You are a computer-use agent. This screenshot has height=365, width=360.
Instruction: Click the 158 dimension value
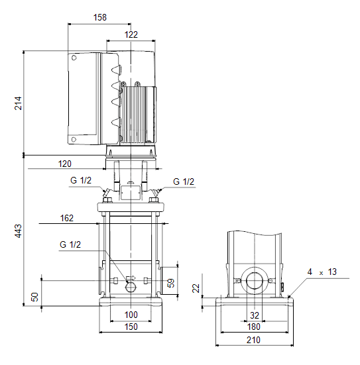[x=100, y=17]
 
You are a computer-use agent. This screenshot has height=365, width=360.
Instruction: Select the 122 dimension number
[x=131, y=34]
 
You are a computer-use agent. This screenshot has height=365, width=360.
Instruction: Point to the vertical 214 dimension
[x=18, y=103]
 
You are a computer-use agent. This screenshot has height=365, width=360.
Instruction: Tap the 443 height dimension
[x=18, y=231]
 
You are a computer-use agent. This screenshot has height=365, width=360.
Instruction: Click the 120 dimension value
[x=64, y=164]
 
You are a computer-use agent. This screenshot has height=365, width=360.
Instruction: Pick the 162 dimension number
[x=67, y=218]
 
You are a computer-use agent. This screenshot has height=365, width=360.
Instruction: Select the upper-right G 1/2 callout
[x=184, y=182]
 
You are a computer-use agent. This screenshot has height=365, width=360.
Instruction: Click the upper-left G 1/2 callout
[x=81, y=180]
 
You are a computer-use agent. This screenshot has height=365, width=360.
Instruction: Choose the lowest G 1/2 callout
[x=70, y=244]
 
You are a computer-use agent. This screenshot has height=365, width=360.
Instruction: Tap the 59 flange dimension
[x=171, y=283]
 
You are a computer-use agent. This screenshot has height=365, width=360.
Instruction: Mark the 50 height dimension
[x=35, y=297]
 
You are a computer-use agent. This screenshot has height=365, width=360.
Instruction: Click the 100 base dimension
[x=131, y=315]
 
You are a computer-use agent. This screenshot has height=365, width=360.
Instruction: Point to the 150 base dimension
[x=131, y=327]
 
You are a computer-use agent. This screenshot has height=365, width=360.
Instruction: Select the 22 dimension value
[x=196, y=288]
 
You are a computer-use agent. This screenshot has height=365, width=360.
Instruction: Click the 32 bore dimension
[x=255, y=315]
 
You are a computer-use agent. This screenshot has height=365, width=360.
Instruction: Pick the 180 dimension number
[x=253, y=327]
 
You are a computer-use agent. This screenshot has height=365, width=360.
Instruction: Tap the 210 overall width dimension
[x=253, y=340]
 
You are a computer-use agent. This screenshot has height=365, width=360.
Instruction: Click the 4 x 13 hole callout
[x=322, y=272]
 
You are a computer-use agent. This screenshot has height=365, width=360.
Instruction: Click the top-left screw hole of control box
[x=74, y=58]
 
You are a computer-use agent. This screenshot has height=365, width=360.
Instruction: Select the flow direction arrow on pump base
[x=131, y=278]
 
